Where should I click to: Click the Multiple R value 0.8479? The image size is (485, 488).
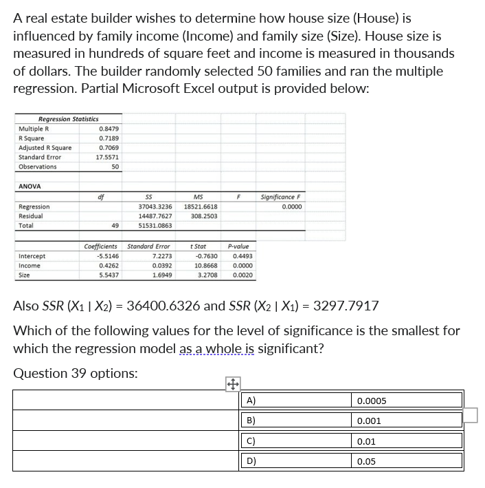pyautogui.click(x=109, y=128)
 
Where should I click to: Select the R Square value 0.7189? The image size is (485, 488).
pyautogui.click(x=109, y=138)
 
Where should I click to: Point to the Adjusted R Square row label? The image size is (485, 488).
pyautogui.click(x=45, y=147)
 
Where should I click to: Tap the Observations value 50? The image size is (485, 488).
pyautogui.click(x=115, y=167)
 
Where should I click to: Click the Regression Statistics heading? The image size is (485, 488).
pyautogui.click(x=68, y=119)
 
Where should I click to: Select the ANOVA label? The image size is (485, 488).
pyautogui.click(x=30, y=186)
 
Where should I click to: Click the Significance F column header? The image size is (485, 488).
pyautogui.click(x=281, y=197)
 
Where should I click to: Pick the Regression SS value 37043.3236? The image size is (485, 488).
pyautogui.click(x=155, y=206)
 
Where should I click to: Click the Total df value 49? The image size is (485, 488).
pyautogui.click(x=115, y=225)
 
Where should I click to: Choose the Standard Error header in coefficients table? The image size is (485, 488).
pyautogui.click(x=148, y=246)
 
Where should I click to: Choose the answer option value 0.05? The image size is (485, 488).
pyautogui.click(x=367, y=461)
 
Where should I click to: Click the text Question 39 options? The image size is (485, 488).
pyautogui.click(x=75, y=373)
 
